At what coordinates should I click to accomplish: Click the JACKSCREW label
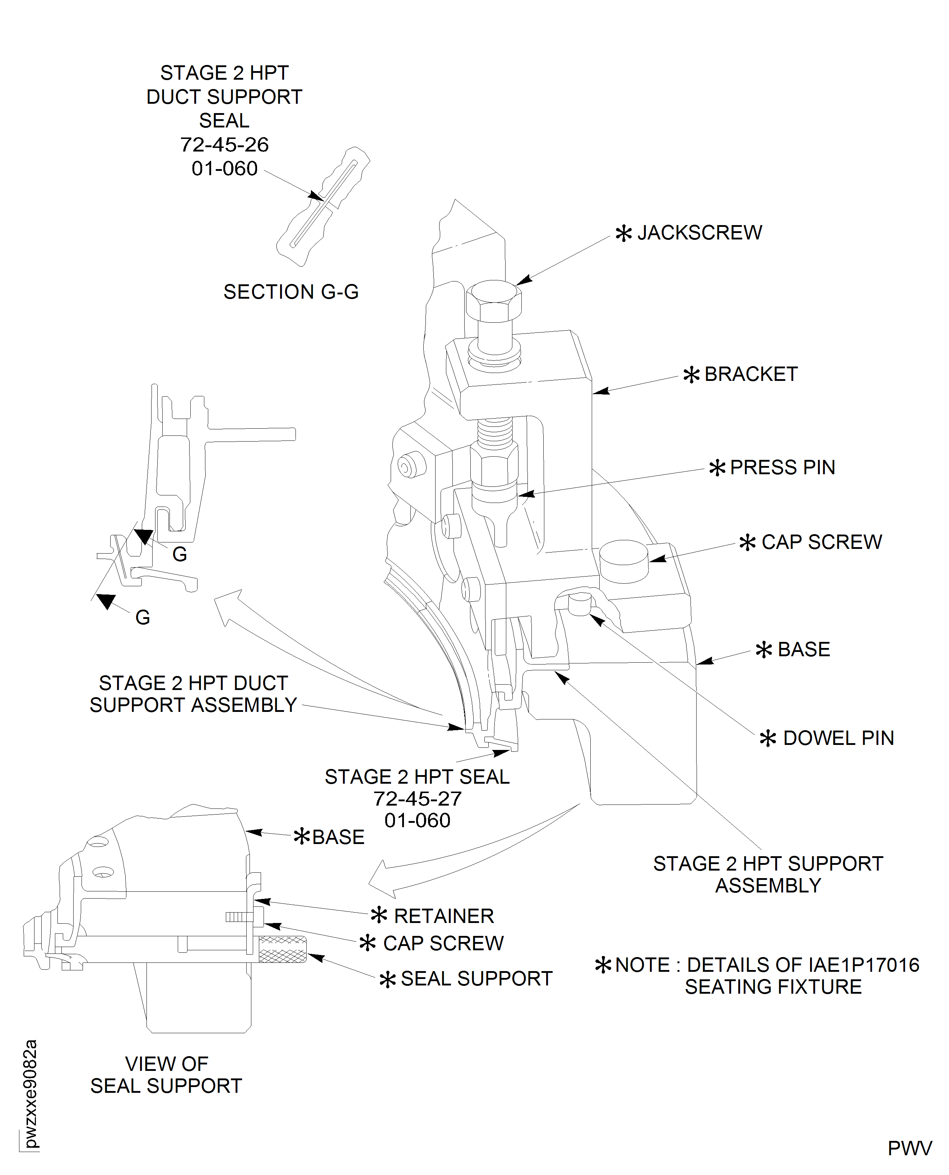click(x=699, y=233)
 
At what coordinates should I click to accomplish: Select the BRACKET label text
click(x=750, y=374)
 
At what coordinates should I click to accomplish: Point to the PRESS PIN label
click(x=782, y=468)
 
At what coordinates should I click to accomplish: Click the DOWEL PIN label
click(x=837, y=738)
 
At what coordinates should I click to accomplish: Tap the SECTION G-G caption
click(x=291, y=292)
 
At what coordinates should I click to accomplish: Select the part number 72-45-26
click(x=224, y=145)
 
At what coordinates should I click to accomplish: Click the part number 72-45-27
click(x=417, y=799)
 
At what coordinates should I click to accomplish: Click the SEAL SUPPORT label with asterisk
click(x=476, y=979)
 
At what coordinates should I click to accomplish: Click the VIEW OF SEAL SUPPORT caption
click(x=166, y=1075)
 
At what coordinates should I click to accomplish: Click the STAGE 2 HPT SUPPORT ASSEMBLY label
click(x=768, y=875)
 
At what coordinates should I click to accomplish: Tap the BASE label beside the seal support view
click(x=337, y=837)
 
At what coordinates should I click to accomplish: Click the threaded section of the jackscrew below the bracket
click(x=495, y=432)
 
